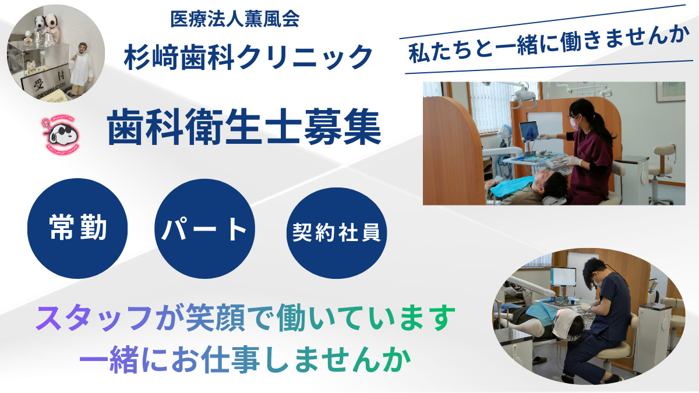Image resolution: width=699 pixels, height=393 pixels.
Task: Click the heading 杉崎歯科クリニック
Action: [248, 57]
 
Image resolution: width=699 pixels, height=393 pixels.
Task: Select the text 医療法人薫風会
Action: [235, 20]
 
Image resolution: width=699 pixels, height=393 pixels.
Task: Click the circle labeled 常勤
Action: [77, 228]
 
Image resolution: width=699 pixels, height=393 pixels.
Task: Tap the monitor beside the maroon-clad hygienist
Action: [529, 132]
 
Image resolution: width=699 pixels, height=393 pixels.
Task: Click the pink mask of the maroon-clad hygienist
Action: [574, 122]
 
